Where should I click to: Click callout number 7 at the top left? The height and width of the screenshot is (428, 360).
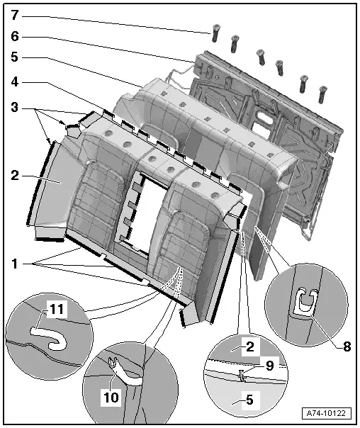click(15, 15)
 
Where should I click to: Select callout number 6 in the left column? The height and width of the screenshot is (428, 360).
click(15, 36)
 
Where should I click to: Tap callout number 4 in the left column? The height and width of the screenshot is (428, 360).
click(15, 82)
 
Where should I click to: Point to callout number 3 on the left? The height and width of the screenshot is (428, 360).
click(15, 107)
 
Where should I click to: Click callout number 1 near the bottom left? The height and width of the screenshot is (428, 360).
click(15, 264)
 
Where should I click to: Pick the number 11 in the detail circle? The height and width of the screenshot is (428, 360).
click(57, 309)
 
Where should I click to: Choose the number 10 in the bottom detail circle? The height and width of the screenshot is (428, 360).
click(111, 397)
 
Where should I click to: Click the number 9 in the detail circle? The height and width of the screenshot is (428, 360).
click(270, 366)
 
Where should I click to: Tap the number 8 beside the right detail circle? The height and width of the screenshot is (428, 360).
click(347, 347)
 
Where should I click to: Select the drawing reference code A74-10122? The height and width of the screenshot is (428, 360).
click(326, 413)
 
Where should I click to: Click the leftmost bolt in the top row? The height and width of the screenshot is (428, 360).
click(215, 33)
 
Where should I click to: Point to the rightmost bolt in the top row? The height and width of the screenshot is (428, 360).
click(322, 94)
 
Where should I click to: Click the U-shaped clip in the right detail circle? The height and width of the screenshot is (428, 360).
click(308, 300)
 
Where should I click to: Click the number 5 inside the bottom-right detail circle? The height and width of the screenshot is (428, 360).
click(249, 400)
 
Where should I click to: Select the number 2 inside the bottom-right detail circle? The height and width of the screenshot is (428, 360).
click(249, 347)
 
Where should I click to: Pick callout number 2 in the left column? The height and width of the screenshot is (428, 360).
click(15, 176)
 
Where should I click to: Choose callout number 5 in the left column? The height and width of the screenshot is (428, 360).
click(15, 57)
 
